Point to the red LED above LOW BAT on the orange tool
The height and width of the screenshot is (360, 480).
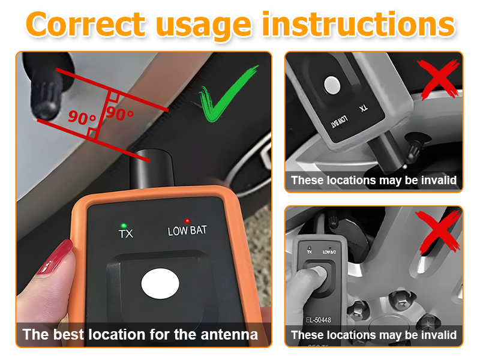187,221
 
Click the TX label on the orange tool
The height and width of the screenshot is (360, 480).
125,233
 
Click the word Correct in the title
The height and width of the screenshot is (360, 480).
86,25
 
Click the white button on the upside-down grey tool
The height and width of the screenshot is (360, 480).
331,85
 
